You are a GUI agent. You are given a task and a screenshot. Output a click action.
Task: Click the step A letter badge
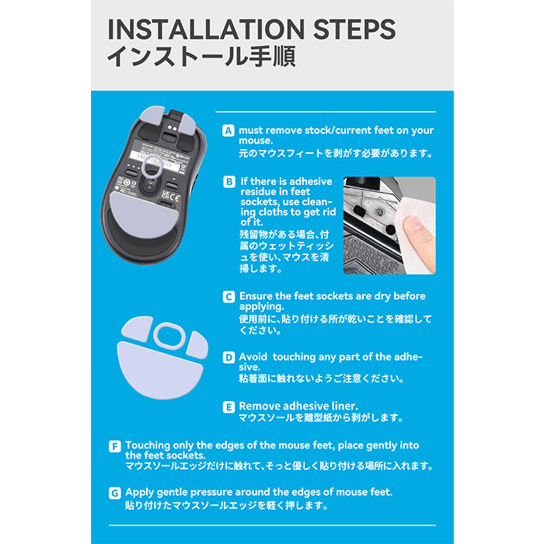click(228, 131)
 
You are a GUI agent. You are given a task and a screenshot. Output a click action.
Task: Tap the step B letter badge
click(229, 182)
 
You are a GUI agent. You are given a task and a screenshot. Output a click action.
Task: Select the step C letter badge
click(228, 297)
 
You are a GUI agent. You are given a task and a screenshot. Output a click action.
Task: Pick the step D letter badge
click(228, 357)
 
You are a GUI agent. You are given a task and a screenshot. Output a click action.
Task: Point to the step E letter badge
click(228, 406)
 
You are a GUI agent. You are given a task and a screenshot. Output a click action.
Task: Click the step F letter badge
click(115, 446)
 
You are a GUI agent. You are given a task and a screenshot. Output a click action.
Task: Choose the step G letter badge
click(115, 493)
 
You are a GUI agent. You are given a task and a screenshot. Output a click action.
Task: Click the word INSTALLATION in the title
click(206, 30)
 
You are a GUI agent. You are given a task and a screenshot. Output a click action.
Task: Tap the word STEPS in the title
click(354, 30)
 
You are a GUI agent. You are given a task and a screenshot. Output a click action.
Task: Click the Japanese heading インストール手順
click(201, 56)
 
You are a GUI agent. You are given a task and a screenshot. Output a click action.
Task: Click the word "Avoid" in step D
click(253, 357)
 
